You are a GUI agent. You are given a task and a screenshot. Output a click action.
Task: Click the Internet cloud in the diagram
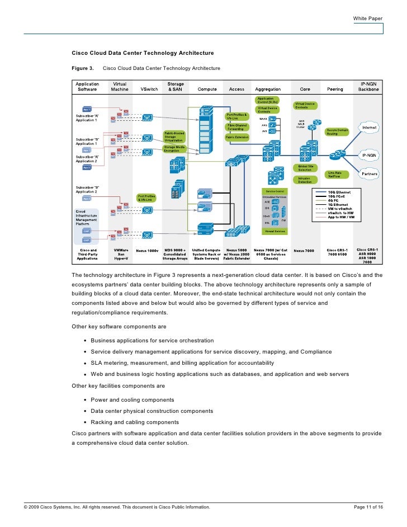[370, 128]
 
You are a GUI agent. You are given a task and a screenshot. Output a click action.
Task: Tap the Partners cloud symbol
[369, 174]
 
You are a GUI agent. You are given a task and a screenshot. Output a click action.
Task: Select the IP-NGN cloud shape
[369, 154]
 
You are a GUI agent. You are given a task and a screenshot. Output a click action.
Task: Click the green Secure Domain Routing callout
[337, 132]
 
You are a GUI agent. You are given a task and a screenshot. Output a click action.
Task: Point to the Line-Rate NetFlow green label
[335, 174]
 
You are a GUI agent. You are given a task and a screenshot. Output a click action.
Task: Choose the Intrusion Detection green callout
[305, 180]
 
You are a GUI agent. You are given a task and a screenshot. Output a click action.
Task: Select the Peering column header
[335, 89]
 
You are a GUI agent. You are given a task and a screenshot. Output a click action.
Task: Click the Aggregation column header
[268, 89]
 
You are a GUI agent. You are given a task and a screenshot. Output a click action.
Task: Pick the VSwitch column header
[149, 89]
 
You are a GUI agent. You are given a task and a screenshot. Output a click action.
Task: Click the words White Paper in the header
[367, 19]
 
